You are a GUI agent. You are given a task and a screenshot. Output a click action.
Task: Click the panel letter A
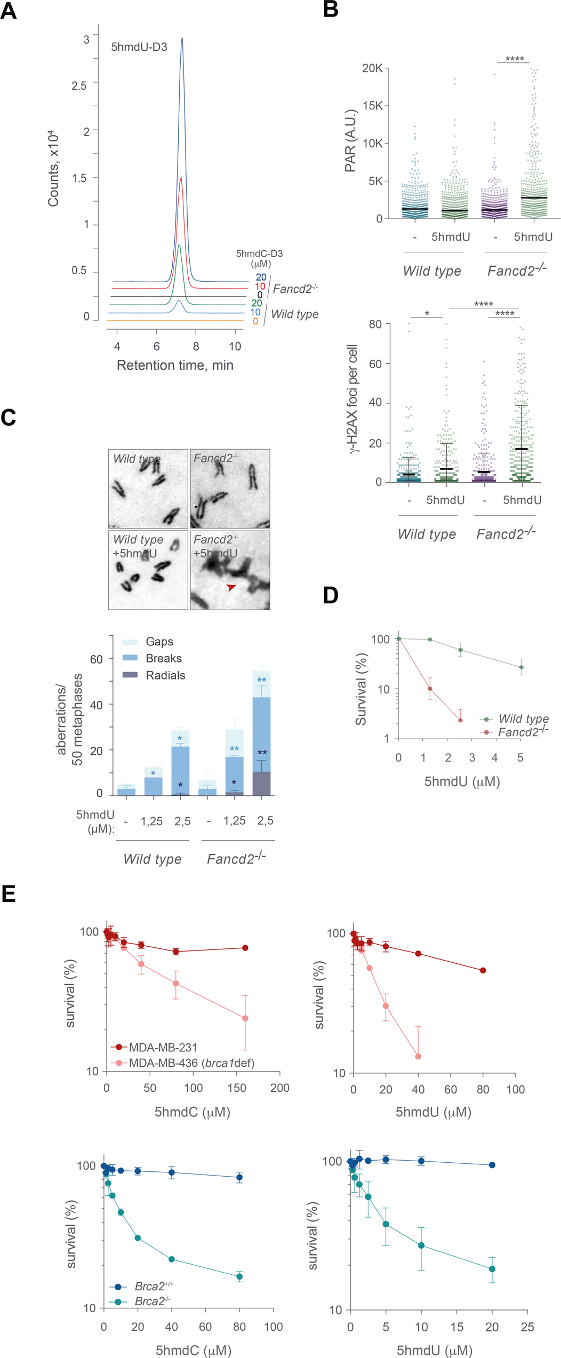tap(9, 11)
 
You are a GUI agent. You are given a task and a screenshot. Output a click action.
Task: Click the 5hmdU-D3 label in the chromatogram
tap(139, 47)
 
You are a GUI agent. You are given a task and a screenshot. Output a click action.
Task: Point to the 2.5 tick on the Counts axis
tap(79, 86)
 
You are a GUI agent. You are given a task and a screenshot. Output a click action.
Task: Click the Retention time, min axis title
tap(175, 365)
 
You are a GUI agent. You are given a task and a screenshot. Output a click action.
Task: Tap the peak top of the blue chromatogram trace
tap(182, 38)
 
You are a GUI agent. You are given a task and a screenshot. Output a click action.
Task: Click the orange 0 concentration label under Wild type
tap(255, 322)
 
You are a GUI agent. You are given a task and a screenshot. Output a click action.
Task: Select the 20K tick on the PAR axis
tap(372, 68)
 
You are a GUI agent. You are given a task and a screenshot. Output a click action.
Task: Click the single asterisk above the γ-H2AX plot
tap(427, 314)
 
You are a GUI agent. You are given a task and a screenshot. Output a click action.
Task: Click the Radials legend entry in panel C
tap(165, 675)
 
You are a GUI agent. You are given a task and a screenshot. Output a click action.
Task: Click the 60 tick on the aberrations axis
tap(96, 659)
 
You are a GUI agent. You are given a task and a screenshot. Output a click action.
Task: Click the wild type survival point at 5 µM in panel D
tap(522, 667)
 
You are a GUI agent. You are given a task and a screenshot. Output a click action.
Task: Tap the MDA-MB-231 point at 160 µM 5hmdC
tap(245, 948)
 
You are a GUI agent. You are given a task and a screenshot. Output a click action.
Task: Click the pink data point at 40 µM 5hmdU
tap(418, 1056)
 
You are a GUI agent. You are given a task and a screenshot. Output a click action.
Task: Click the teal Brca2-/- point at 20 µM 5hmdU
tap(492, 1269)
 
